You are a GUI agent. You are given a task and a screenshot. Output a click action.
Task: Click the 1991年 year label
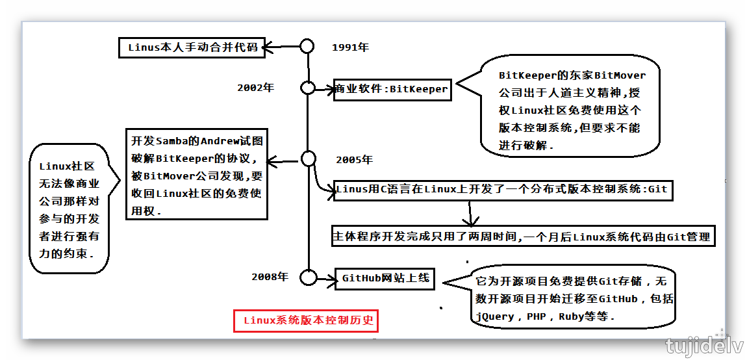coord(350,47)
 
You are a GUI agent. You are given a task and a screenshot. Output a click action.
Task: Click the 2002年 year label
coord(255,88)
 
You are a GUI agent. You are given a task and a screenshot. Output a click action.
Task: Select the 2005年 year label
coord(354,160)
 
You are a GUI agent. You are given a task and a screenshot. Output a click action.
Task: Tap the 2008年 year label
coord(270,277)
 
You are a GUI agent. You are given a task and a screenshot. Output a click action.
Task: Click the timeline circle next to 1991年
coord(307,46)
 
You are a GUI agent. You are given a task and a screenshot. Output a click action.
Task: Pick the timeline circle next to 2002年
coord(307,88)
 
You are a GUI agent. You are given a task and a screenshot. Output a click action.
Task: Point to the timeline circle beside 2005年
coord(308,159)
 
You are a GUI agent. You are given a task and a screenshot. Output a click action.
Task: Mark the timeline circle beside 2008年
coord(308,277)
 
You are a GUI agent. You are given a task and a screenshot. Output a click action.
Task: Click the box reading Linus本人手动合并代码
coord(192,47)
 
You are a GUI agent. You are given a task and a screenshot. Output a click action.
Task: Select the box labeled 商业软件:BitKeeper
coord(392,89)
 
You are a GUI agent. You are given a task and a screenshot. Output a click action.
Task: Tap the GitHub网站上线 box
coord(386,278)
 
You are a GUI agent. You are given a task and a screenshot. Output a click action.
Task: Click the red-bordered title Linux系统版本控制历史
coord(305,320)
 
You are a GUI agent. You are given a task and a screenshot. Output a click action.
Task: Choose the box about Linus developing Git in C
coord(501,190)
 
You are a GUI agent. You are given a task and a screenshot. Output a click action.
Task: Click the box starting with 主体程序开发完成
coord(523,237)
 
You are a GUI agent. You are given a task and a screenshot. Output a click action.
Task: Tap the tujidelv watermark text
coord(703,346)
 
